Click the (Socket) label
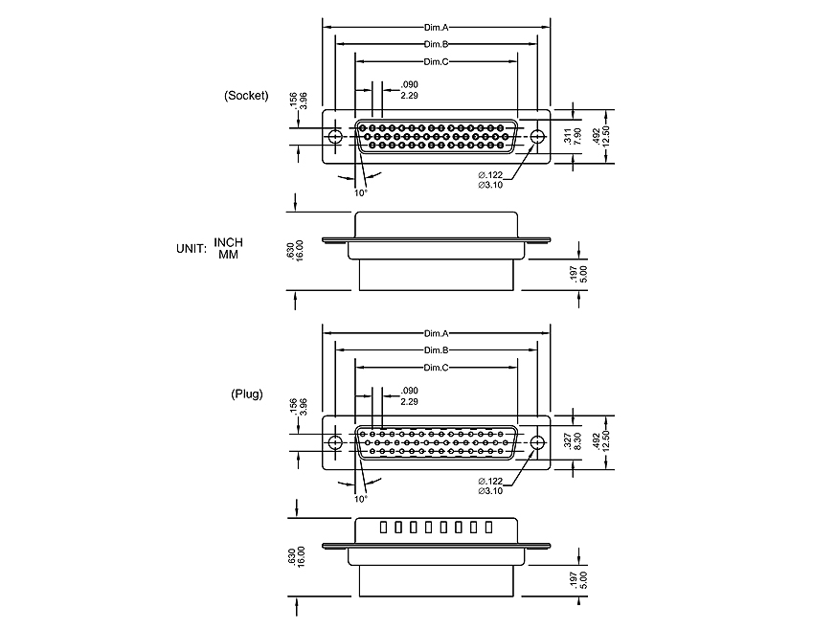(x=246, y=96)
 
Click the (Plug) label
(x=246, y=394)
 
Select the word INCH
(x=228, y=242)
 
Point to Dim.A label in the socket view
(x=437, y=28)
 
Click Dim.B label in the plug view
(x=437, y=350)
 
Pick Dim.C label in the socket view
(x=437, y=61)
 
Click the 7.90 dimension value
(x=577, y=137)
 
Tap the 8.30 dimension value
(x=577, y=442)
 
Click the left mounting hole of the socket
(x=335, y=137)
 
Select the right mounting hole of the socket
(x=537, y=137)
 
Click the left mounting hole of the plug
(x=335, y=442)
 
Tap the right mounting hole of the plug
(x=537, y=442)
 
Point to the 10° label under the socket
(x=361, y=192)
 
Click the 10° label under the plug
(x=361, y=498)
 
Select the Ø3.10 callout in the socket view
(x=490, y=185)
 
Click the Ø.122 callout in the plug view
(x=490, y=480)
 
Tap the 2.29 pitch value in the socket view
(x=409, y=96)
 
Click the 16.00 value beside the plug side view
(x=300, y=556)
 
